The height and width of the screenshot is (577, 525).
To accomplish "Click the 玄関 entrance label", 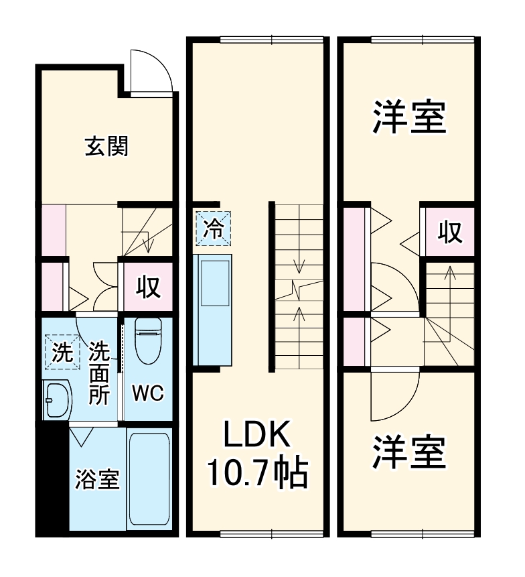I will [106, 146].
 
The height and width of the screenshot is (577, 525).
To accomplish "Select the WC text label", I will [147, 393].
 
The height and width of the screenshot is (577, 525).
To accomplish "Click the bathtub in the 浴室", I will [150, 478].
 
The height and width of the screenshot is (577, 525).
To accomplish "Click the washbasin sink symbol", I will [58, 400].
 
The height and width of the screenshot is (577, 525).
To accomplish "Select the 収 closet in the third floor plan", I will [449, 232].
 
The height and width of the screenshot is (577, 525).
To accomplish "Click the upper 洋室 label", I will [408, 116].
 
